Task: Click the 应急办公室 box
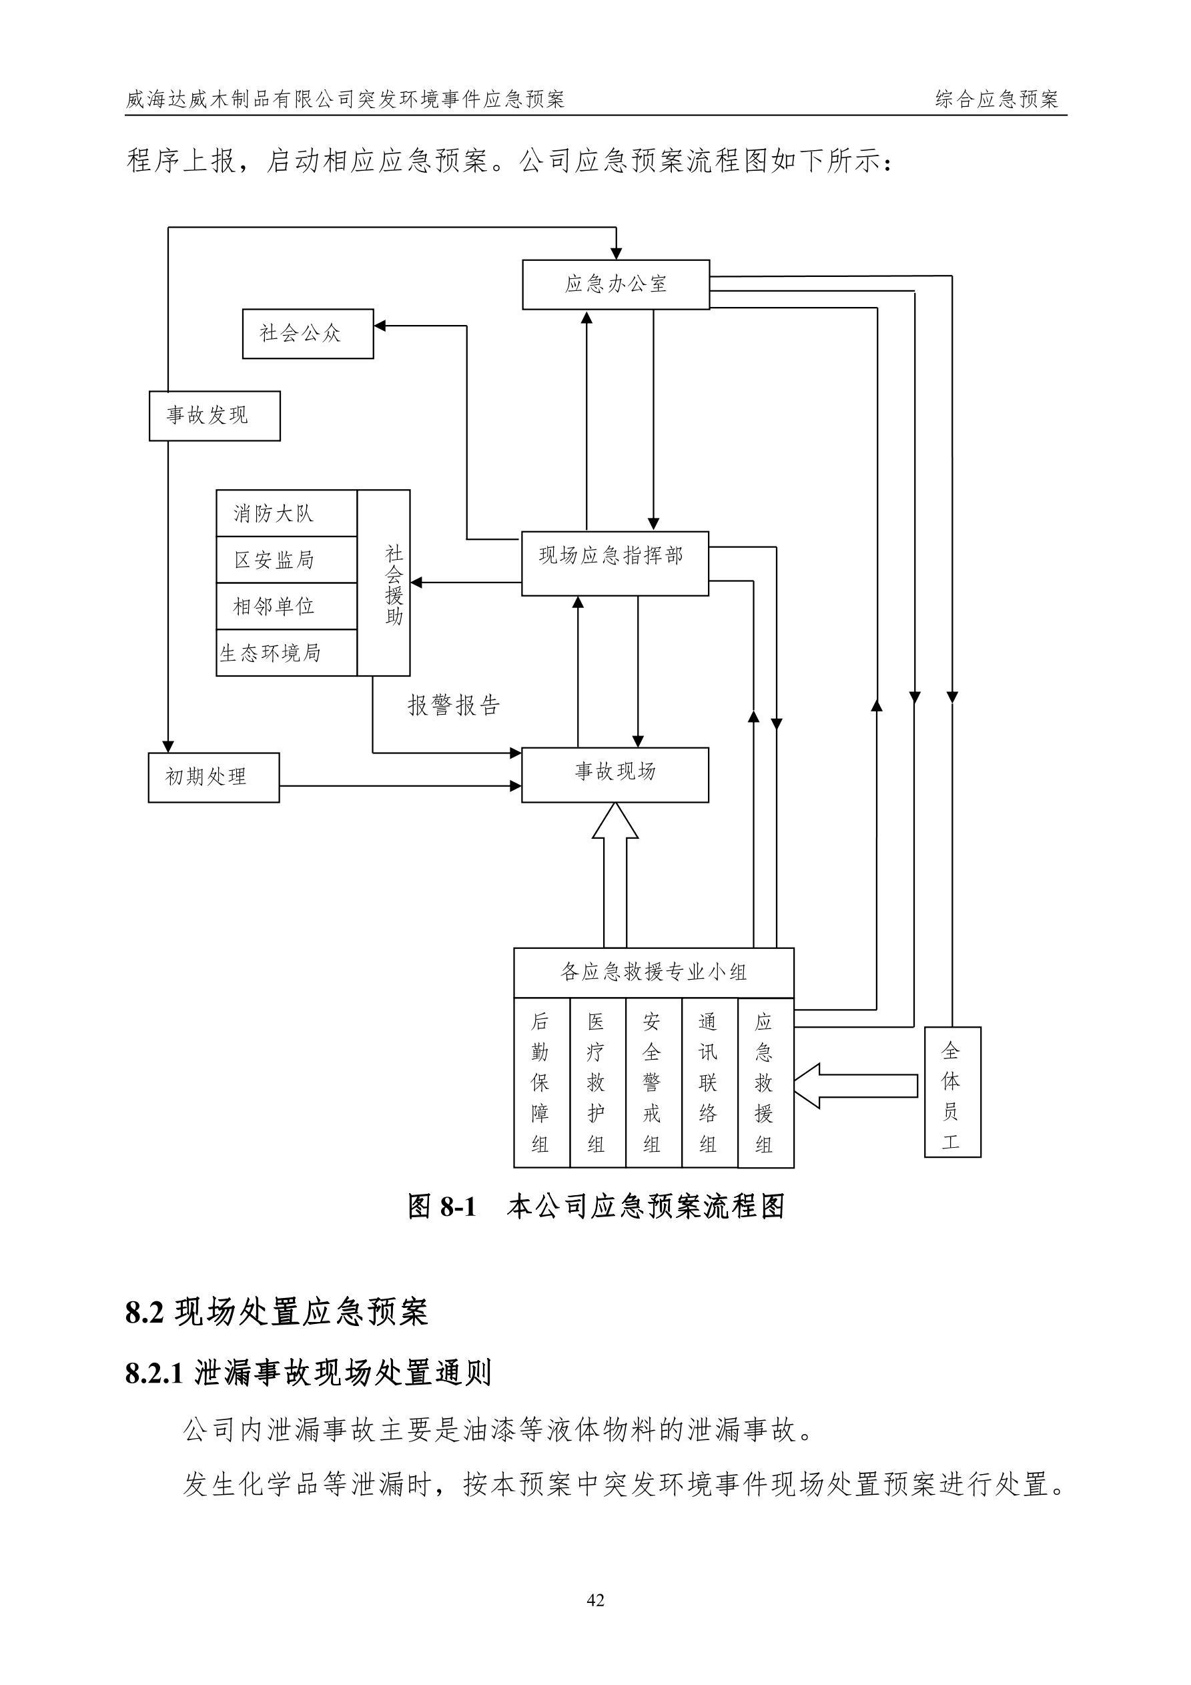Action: (x=616, y=285)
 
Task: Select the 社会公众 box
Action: (x=308, y=334)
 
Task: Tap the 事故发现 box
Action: (x=214, y=416)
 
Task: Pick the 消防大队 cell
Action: (x=286, y=514)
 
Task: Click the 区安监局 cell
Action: (x=286, y=560)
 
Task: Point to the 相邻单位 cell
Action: (x=286, y=606)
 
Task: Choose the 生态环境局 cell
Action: (x=286, y=653)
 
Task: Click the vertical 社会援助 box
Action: (x=384, y=583)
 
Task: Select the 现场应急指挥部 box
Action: (x=615, y=564)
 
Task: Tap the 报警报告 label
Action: (x=454, y=705)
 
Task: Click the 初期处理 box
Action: (x=214, y=777)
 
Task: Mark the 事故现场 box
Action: (x=615, y=775)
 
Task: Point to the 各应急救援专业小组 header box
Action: (x=653, y=973)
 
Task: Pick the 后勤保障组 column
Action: (x=541, y=1082)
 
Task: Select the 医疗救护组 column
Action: (x=597, y=1082)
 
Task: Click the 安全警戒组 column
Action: (x=653, y=1082)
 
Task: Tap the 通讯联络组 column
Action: (x=709, y=1082)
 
